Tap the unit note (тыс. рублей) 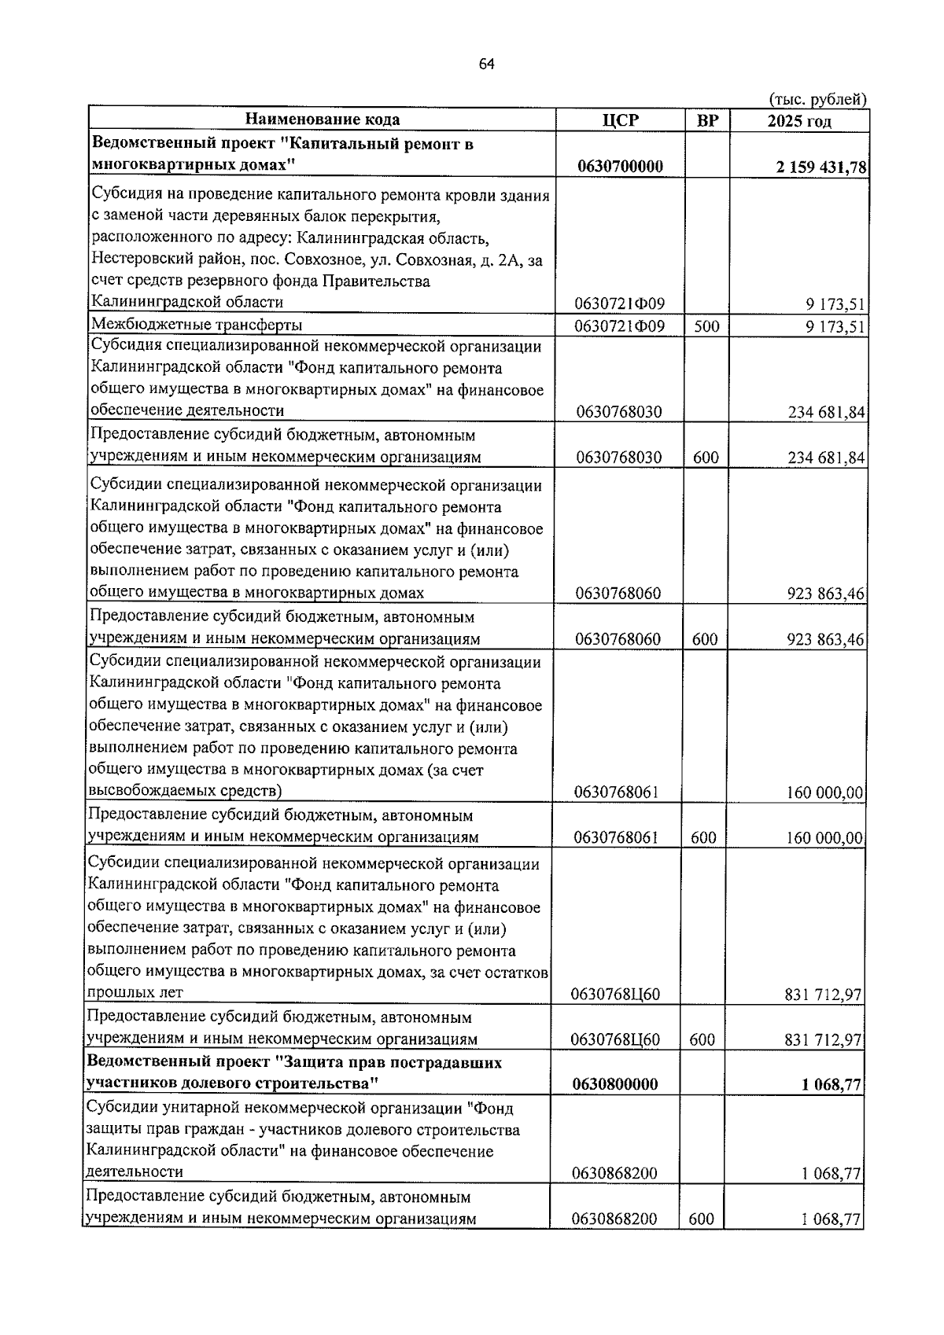pyautogui.click(x=817, y=99)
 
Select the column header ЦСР pyautogui.click(x=619, y=120)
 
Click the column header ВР pyautogui.click(x=707, y=120)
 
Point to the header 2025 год pyautogui.click(x=799, y=120)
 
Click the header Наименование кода pyautogui.click(x=323, y=120)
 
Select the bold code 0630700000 pyautogui.click(x=619, y=166)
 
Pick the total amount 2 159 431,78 pyautogui.click(x=820, y=167)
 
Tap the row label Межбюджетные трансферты pyautogui.click(x=197, y=325)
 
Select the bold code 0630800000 pyautogui.click(x=615, y=1084)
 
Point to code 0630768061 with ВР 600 pyautogui.click(x=616, y=838)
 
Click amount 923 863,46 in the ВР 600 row pyautogui.click(x=826, y=639)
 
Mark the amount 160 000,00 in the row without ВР pyautogui.click(x=826, y=793)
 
